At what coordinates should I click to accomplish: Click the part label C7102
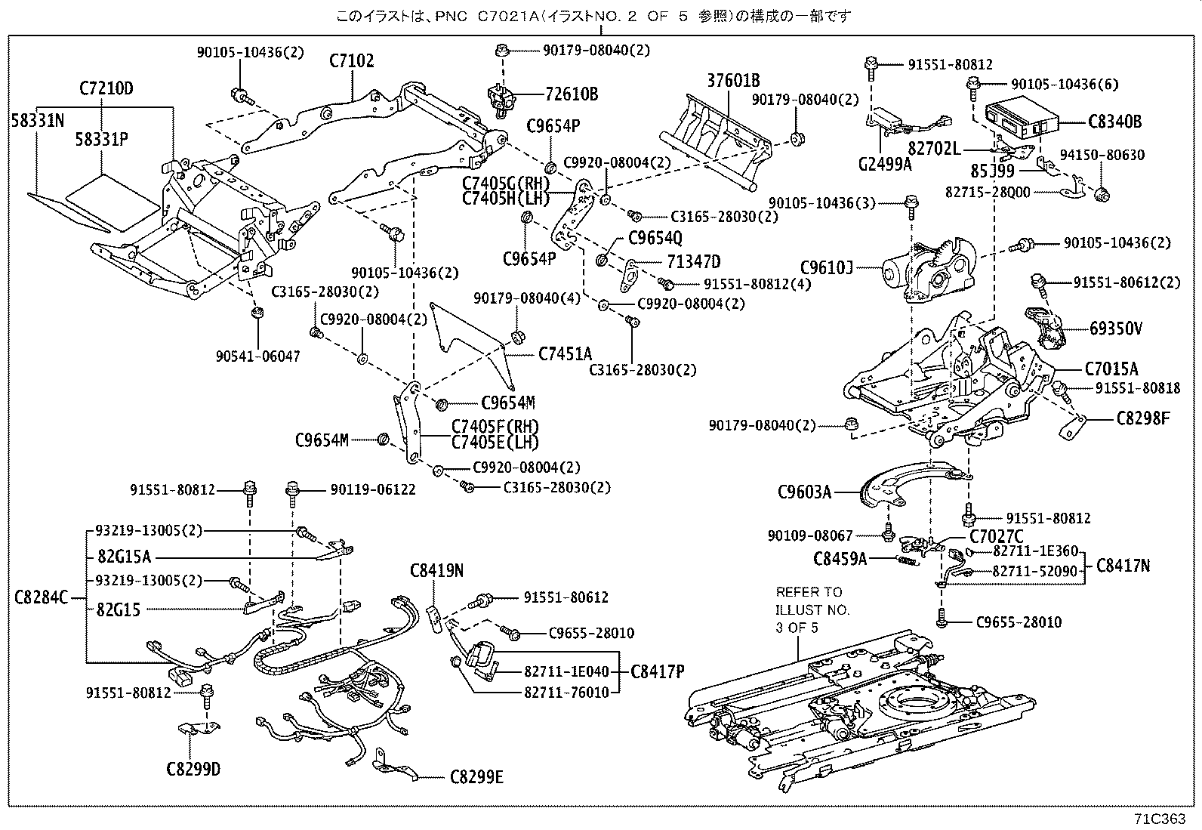pos(351,61)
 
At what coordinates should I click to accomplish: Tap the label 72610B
pos(572,94)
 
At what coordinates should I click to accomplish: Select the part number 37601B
pos(733,81)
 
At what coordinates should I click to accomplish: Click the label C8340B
pos(1114,121)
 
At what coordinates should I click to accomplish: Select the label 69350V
pos(1115,329)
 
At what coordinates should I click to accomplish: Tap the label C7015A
pos(1111,369)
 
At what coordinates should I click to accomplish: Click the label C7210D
pos(106,88)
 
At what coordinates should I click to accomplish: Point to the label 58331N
pos(37,119)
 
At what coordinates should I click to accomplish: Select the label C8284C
pos(41,599)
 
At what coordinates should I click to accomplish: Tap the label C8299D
pos(193,770)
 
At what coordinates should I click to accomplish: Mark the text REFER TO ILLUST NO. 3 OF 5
pos(812,609)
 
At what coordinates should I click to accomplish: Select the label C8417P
pos(657,671)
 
